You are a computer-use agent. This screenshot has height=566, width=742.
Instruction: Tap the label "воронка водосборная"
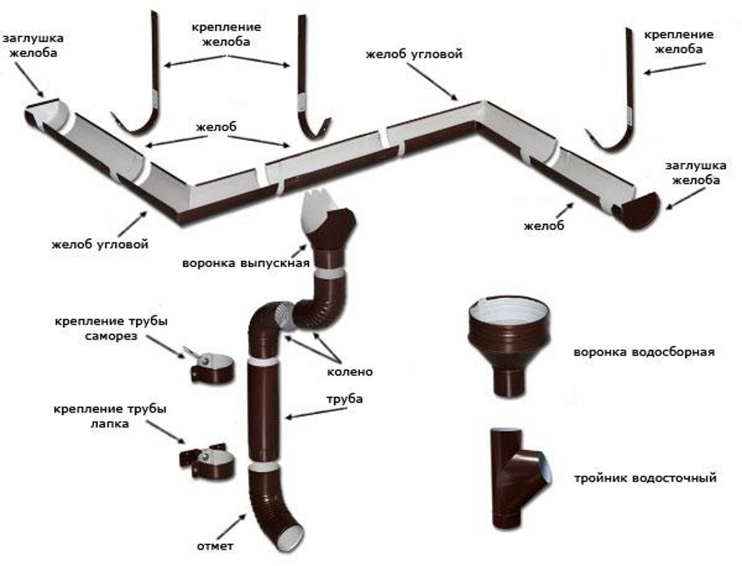pyautogui.click(x=643, y=352)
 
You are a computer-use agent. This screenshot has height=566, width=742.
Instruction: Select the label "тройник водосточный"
pyautogui.click(x=644, y=478)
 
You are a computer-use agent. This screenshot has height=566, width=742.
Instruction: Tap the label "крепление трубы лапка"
pyautogui.click(x=111, y=416)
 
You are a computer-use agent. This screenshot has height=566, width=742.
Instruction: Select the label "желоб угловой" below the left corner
pyautogui.click(x=101, y=244)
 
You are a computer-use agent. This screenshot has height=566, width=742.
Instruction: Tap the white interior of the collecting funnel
pyautogui.click(x=510, y=306)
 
